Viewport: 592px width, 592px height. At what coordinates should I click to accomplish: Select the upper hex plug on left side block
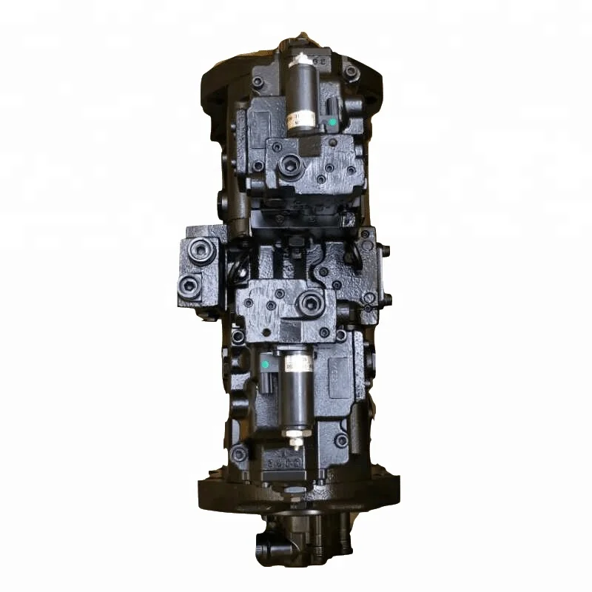(x=199, y=252)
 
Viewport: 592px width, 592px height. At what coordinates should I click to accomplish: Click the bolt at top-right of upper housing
(x=349, y=72)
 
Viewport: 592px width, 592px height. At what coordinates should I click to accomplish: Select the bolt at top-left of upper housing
(x=257, y=82)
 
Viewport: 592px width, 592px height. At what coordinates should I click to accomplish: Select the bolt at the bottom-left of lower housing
(x=238, y=453)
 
